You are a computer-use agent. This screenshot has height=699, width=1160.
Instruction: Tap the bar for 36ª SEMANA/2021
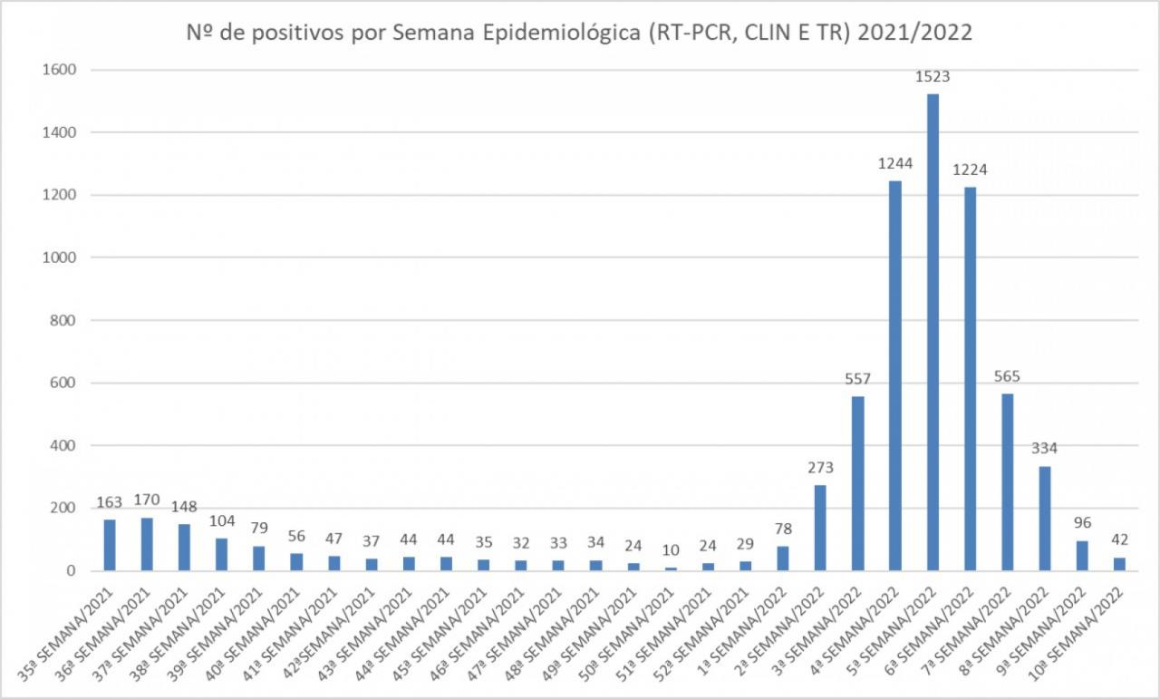point(147,544)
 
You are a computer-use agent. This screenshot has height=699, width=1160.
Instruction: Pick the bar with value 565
point(1008,481)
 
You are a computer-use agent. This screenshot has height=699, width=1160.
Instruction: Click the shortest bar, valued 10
point(671,568)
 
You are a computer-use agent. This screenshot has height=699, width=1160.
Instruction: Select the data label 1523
point(933,77)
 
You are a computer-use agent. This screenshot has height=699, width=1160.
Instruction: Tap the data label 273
point(820,468)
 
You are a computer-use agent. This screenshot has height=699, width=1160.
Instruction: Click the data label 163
point(110,502)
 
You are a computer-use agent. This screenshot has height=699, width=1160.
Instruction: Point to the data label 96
point(1082,523)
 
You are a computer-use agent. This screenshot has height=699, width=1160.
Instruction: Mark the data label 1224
point(970,170)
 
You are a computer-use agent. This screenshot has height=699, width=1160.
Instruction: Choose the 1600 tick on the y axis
point(57,70)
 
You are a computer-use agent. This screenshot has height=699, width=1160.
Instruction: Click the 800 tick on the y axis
point(62,320)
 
